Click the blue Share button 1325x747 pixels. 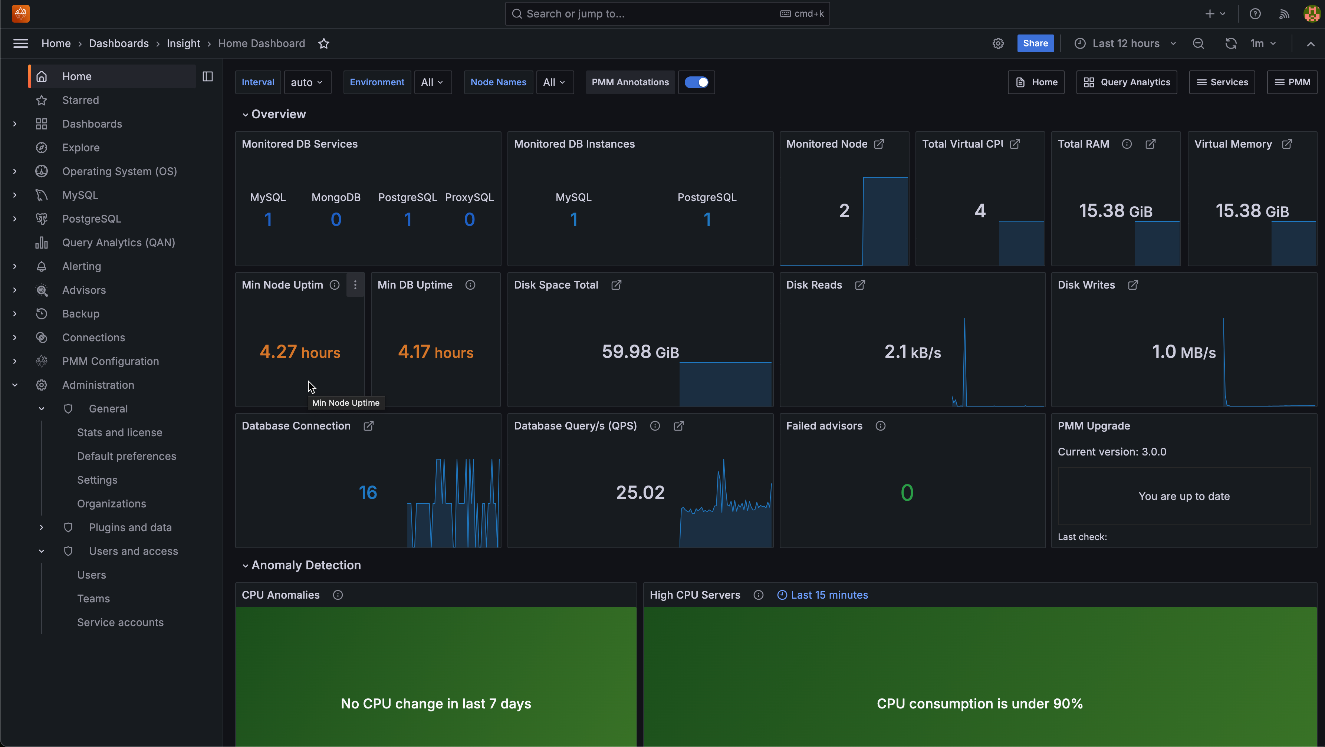pyautogui.click(x=1035, y=43)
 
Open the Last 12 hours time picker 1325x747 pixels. pyautogui.click(x=1125, y=43)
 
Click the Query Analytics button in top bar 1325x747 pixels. pyautogui.click(x=1127, y=82)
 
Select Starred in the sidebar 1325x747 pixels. pyautogui.click(x=80, y=100)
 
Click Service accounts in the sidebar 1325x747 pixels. pyautogui.click(x=120, y=622)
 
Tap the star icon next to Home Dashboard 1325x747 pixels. pyautogui.click(x=323, y=44)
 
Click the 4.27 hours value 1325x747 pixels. pyautogui.click(x=300, y=352)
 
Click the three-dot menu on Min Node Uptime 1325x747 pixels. pyautogui.click(x=355, y=285)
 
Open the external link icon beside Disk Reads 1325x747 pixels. pyautogui.click(x=860, y=285)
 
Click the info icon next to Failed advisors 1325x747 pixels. pyautogui.click(x=881, y=426)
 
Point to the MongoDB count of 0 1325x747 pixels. pyautogui.click(x=336, y=220)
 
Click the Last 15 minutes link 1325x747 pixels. pyautogui.click(x=829, y=595)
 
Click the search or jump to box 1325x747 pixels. pyautogui.click(x=667, y=14)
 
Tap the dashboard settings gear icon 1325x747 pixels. pyautogui.click(x=998, y=44)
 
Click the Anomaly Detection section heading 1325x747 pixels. pyautogui.click(x=306, y=565)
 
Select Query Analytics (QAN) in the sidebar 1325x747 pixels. pyautogui.click(x=118, y=242)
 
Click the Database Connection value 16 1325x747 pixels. pyautogui.click(x=368, y=492)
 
